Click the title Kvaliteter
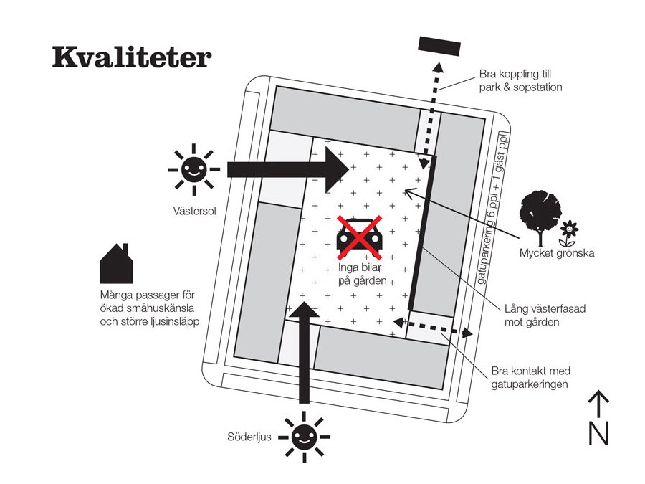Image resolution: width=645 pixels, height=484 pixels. tap(131, 58)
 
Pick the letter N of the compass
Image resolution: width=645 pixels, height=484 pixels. tap(598, 432)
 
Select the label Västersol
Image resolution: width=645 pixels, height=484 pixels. tap(194, 212)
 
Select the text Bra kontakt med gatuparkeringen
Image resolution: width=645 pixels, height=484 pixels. tap(530, 378)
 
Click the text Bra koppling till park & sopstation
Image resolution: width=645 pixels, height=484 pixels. tap(521, 81)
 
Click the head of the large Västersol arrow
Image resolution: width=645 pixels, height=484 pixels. tap(337, 169)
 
